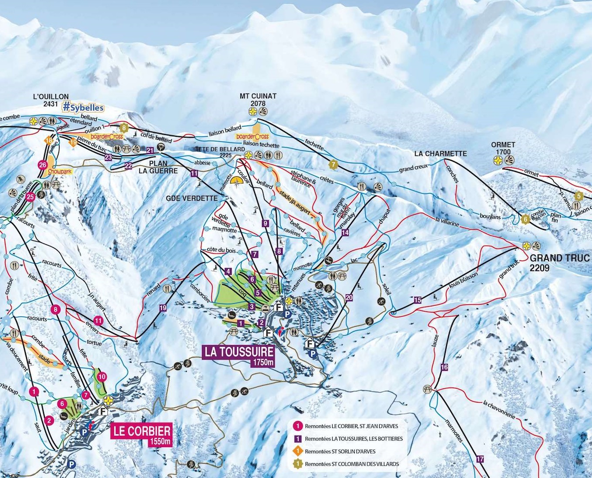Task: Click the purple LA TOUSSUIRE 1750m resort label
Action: point(239,355)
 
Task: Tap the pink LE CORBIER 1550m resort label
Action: point(141,434)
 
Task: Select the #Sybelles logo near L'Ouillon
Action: point(83,107)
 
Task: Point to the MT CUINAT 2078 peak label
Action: point(258,99)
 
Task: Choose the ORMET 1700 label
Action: point(503,148)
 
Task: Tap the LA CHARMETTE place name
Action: point(440,153)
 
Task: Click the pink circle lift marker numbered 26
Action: point(42,165)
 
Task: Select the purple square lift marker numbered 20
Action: point(349,298)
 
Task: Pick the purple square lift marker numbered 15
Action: point(417,300)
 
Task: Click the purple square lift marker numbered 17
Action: point(480,459)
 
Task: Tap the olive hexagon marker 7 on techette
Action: point(333,165)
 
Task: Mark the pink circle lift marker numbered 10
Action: point(102,377)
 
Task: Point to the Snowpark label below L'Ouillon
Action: point(60,172)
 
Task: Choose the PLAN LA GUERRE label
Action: point(158,167)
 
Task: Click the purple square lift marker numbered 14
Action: point(345,233)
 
